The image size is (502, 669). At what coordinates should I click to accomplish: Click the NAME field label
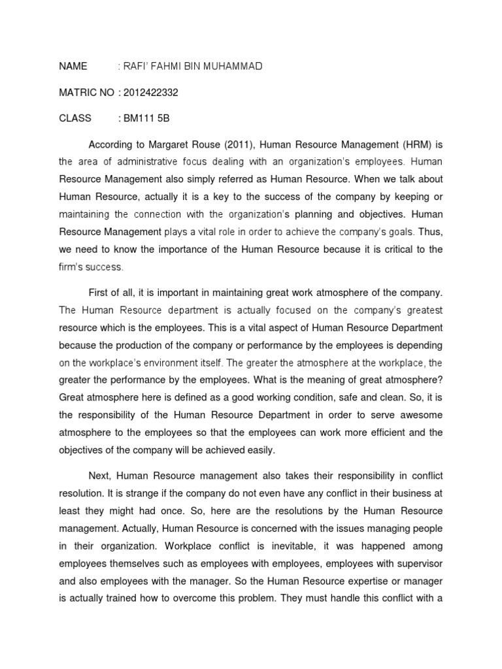coord(73,67)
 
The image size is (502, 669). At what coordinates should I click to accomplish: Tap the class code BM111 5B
coord(148,119)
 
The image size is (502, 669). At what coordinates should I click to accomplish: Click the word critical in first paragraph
coord(390,249)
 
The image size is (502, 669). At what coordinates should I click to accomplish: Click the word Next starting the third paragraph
coord(100,475)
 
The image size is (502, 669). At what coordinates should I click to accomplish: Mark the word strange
coord(140,493)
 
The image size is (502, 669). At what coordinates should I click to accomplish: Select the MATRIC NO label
coord(86,93)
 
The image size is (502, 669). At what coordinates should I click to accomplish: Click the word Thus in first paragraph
coord(431,231)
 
